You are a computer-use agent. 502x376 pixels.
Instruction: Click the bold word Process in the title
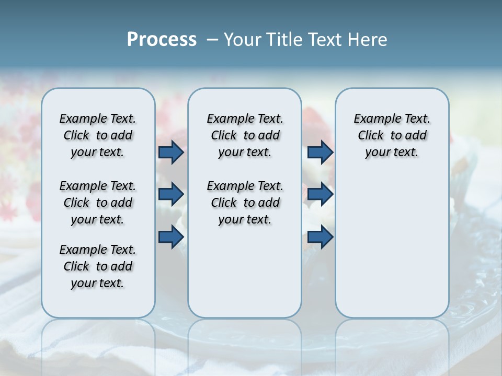[162, 39]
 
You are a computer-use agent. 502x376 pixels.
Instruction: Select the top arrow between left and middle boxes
[171, 152]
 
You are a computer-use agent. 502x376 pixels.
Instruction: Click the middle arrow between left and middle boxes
[171, 194]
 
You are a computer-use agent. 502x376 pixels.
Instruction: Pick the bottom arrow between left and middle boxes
[171, 237]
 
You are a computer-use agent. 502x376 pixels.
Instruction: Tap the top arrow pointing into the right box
[320, 152]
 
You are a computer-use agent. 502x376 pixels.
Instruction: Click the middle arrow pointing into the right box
[320, 194]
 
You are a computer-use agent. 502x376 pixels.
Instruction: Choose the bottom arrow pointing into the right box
[320, 237]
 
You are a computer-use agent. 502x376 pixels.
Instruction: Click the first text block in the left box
[98, 135]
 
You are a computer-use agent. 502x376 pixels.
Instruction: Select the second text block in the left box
[98, 203]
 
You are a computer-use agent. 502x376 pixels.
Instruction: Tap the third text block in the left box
[98, 266]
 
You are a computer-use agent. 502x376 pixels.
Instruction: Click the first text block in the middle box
[245, 135]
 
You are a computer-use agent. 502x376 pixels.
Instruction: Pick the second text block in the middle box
[245, 203]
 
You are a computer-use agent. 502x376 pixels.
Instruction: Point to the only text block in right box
[392, 135]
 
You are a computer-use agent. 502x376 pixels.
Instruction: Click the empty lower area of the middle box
[245, 272]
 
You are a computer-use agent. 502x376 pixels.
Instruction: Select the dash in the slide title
[212, 39]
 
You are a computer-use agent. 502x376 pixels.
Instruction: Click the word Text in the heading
[324, 39]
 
